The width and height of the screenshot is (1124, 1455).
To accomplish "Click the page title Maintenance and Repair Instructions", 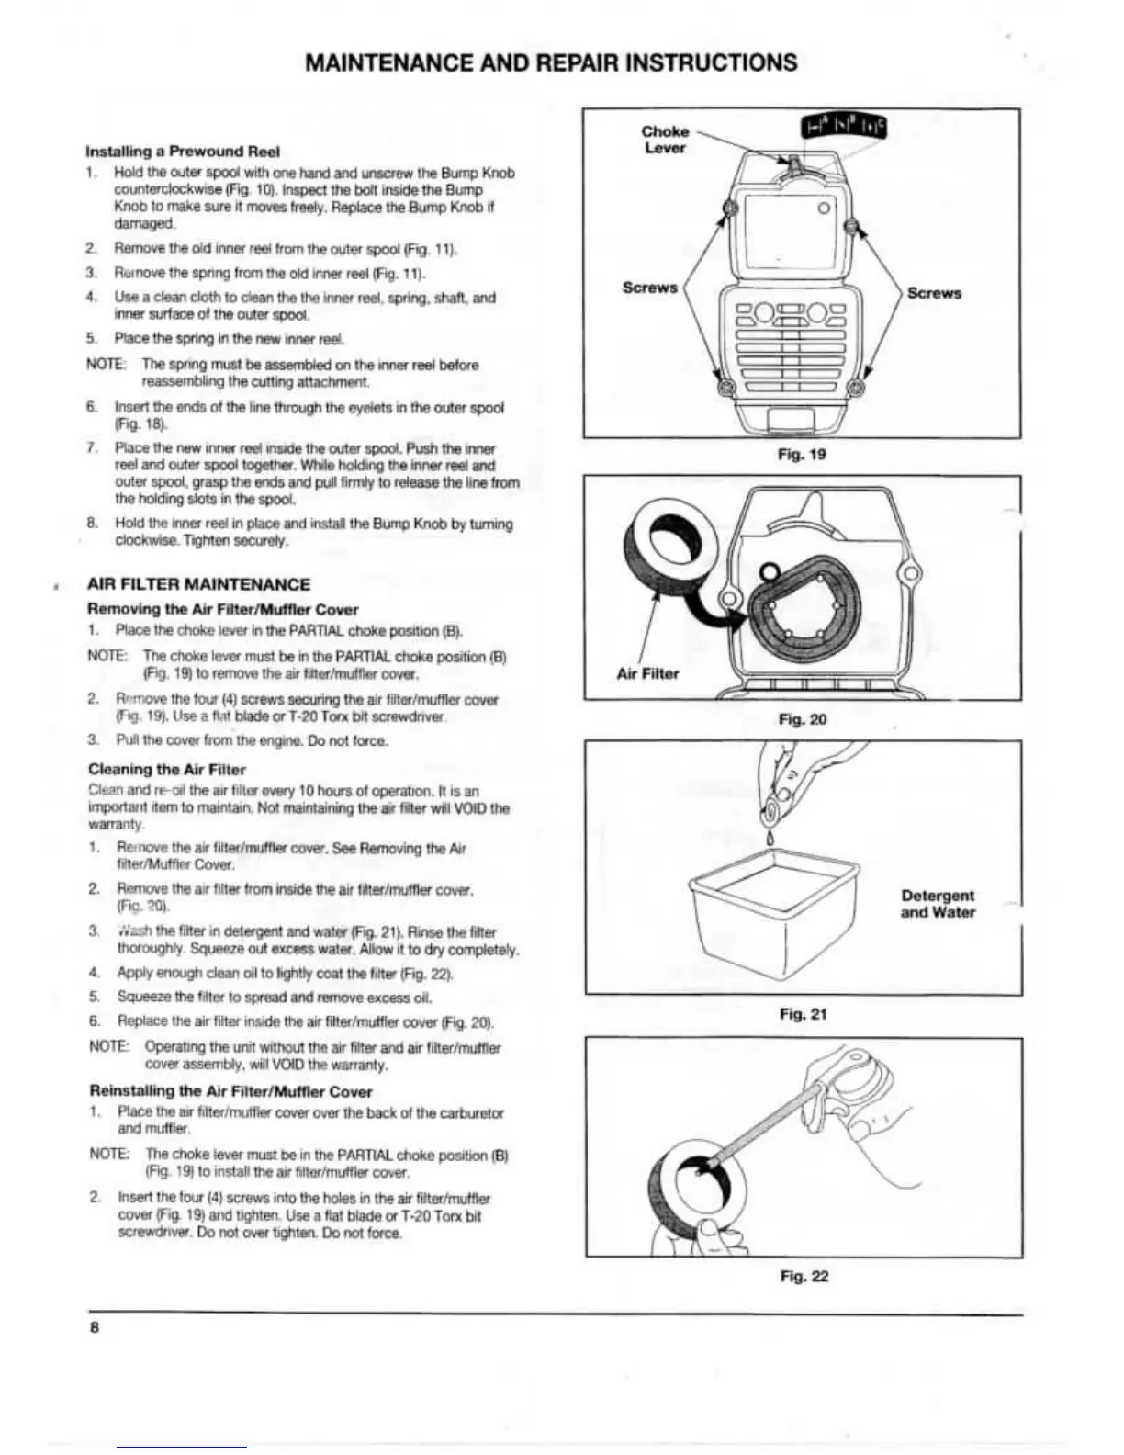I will click(551, 62).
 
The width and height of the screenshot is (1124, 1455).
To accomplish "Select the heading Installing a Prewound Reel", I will click(183, 152).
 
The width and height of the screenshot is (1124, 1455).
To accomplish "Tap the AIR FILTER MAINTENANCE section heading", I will click(198, 584).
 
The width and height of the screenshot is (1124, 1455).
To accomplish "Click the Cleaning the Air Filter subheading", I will click(167, 770).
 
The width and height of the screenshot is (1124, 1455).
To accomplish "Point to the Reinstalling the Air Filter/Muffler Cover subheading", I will click(230, 1091).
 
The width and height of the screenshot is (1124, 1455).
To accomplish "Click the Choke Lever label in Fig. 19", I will click(665, 140).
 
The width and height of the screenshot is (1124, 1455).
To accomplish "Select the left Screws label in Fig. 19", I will click(649, 288).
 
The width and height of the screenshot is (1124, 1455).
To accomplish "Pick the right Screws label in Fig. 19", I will click(934, 293).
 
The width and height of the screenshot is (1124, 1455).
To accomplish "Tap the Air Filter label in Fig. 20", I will click(647, 673).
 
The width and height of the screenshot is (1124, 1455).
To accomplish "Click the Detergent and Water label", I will click(938, 904).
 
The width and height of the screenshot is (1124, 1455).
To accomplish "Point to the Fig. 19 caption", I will click(802, 455).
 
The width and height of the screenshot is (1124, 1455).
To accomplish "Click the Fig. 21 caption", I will click(804, 1014).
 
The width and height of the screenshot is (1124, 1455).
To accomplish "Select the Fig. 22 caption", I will click(804, 1276).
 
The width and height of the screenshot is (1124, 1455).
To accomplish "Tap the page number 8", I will click(94, 1328).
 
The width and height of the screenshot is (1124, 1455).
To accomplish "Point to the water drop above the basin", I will click(770, 836).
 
